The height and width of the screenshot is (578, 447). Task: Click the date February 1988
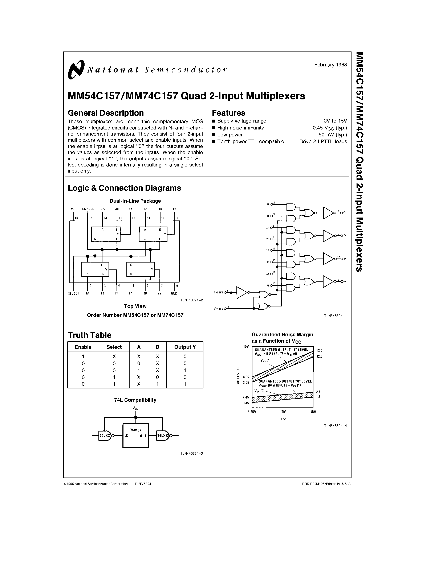(330, 65)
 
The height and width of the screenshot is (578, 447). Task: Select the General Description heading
(106, 113)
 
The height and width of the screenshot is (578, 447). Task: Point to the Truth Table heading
(90, 335)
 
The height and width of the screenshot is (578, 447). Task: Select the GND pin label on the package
(174, 293)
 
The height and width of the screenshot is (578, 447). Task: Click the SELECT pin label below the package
(73, 293)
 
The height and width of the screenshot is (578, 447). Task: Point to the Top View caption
(135, 306)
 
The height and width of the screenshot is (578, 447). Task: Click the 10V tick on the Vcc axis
(283, 412)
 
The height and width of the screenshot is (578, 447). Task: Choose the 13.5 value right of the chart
(319, 351)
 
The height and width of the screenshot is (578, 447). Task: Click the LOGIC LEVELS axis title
(238, 378)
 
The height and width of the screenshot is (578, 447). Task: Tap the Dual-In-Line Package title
(135, 201)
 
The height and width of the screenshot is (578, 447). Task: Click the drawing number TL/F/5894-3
(191, 453)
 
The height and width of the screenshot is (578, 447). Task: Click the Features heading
(228, 113)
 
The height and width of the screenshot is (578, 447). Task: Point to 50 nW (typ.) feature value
(333, 135)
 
